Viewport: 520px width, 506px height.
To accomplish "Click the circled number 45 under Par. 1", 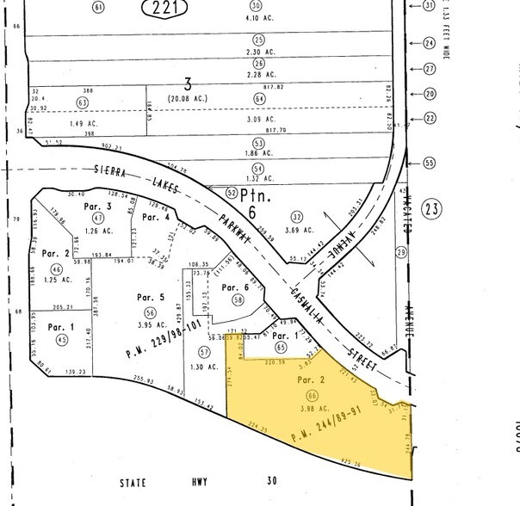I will coord(61,340).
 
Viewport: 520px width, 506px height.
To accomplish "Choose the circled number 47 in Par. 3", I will coord(97,219).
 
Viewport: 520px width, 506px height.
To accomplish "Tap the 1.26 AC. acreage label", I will coord(97,231).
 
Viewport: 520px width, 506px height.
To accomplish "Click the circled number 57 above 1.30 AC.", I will coord(204,352).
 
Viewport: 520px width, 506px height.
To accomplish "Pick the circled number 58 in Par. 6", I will coord(238,299).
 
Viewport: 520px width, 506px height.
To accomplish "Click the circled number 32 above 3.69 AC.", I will coord(297,217).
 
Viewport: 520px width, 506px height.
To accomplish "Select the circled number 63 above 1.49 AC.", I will coord(83,102).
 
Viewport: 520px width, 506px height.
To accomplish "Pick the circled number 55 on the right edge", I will coord(430,162).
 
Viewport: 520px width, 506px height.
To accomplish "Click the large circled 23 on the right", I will coord(433,207).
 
